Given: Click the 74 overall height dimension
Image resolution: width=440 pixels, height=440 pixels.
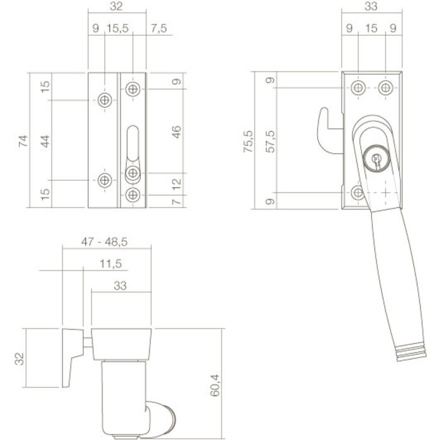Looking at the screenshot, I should coord(23,140).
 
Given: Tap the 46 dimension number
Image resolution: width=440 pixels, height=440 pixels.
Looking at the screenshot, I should coord(176,132).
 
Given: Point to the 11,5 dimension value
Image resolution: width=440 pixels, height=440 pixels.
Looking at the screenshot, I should coord(111,264).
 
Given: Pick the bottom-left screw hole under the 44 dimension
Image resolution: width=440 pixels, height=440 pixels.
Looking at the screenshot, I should coord(104,180).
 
